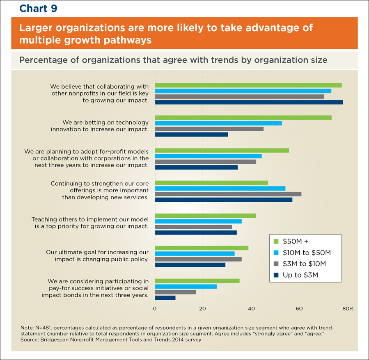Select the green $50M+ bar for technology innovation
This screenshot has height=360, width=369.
pyautogui.click(x=243, y=118)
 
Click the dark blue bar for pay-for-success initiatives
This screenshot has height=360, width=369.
pyautogui.click(x=165, y=298)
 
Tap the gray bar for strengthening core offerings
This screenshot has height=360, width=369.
pyautogui.click(x=228, y=194)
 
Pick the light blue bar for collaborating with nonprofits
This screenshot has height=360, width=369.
pyautogui.click(x=243, y=91)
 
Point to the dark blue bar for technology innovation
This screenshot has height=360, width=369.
pyautogui.click(x=191, y=134)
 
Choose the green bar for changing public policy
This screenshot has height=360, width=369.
pyautogui.click(x=202, y=248)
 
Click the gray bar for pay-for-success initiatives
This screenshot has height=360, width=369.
pyautogui.click(x=175, y=292)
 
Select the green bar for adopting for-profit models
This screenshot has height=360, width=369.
pyautogui.click(x=222, y=150)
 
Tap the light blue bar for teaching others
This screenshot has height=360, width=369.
pyautogui.click(x=198, y=221)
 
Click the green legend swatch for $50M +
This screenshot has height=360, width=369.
pyautogui.click(x=276, y=241)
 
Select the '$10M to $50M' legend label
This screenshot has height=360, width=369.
pyautogui.click(x=307, y=253)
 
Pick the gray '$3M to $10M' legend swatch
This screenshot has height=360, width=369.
pyautogui.click(x=276, y=264)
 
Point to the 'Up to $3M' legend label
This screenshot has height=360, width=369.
pyautogui.click(x=300, y=275)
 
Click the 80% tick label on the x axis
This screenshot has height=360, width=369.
pyautogui.click(x=347, y=308)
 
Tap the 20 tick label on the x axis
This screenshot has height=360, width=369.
pyautogui.click(x=202, y=308)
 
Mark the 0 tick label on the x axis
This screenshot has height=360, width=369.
pyautogui.click(x=155, y=308)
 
